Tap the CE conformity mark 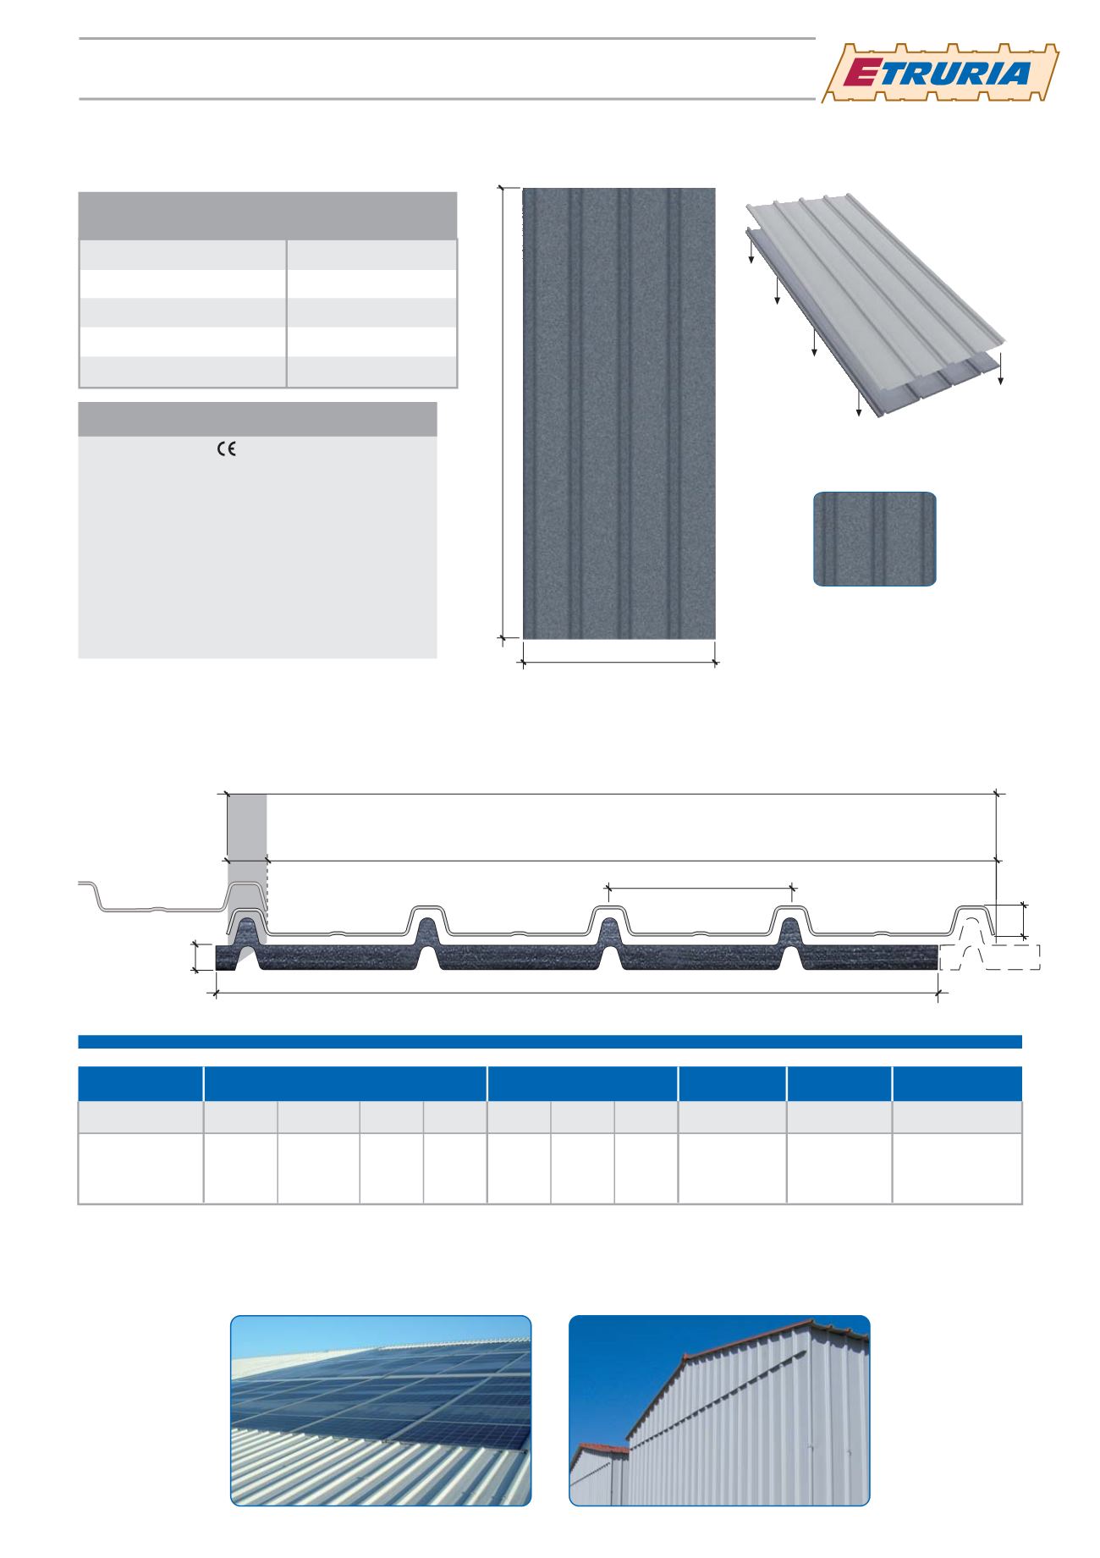[x=226, y=450]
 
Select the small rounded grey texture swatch [x=875, y=539]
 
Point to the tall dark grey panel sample [x=619, y=413]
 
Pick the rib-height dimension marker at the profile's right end [x=1025, y=921]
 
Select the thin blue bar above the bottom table [x=550, y=1041]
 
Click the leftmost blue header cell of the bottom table [x=140, y=1083]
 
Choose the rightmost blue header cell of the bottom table [x=958, y=1083]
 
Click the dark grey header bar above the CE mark [x=257, y=419]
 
